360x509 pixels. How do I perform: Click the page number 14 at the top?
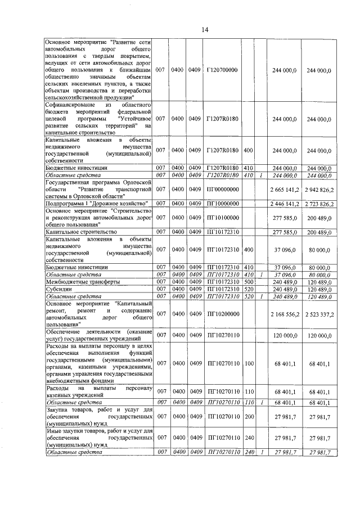205,30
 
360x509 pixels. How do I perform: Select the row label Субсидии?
60,289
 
